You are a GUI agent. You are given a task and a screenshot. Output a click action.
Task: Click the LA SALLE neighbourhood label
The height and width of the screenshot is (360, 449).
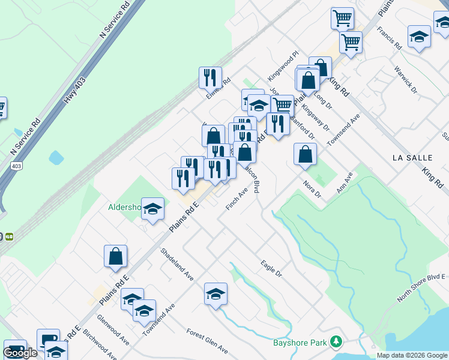[x=412, y=157]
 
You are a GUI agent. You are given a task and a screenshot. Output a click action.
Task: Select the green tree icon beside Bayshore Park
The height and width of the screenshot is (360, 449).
[x=336, y=343]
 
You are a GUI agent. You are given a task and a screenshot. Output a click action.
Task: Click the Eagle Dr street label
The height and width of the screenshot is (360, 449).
[x=271, y=267]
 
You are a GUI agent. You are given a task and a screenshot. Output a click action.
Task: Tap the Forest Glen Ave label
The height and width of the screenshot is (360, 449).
[x=207, y=340]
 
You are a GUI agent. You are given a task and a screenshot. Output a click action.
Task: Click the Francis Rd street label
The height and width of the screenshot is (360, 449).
[x=390, y=38]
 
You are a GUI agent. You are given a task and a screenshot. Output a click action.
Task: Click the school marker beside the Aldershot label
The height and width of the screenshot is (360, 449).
[x=152, y=209]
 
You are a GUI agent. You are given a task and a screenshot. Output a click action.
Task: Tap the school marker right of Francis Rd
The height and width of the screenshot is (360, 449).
[x=419, y=37]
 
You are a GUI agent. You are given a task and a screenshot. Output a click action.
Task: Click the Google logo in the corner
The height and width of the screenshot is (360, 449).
[x=20, y=353]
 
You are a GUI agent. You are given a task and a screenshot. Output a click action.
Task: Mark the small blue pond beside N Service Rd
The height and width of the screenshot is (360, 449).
[x=56, y=158]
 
